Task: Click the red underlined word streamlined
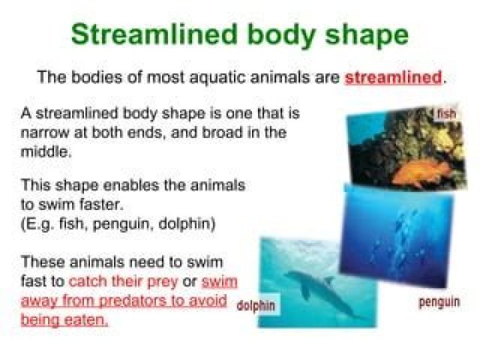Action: click(x=393, y=77)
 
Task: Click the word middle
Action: click(x=44, y=151)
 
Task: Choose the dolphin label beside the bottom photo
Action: click(x=257, y=307)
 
